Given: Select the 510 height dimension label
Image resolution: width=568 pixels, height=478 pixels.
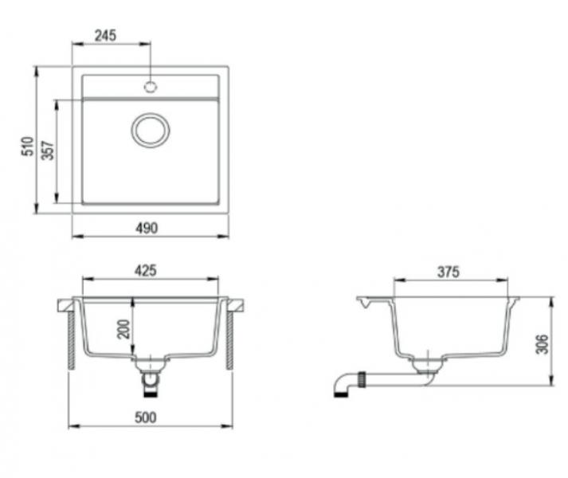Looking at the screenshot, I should pyautogui.click(x=26, y=147).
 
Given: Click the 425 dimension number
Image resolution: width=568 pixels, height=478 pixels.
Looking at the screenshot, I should pyautogui.click(x=144, y=270).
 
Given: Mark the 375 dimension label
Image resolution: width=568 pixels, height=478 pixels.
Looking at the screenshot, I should pyautogui.click(x=449, y=272).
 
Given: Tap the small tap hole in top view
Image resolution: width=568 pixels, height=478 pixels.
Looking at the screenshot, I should pyautogui.click(x=150, y=84).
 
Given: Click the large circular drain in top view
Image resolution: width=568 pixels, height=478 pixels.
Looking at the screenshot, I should pyautogui.click(x=151, y=129).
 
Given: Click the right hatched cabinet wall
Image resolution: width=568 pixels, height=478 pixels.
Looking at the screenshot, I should pyautogui.click(x=230, y=338).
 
